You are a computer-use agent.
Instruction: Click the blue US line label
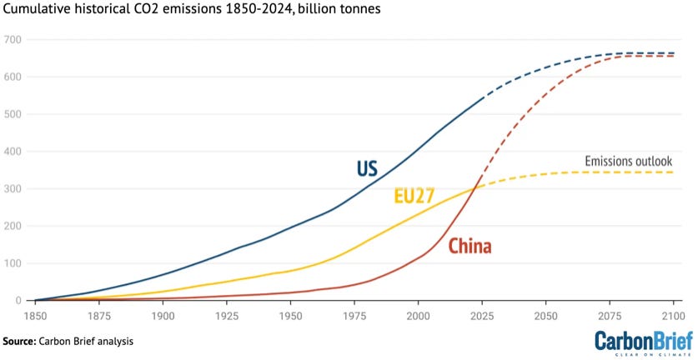tap(367, 168)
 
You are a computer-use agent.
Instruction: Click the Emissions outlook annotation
tap(629, 161)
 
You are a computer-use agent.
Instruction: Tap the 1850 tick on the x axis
tap(35, 317)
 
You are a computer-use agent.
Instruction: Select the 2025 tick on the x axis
tap(482, 317)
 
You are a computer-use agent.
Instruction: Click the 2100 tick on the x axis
tap(673, 317)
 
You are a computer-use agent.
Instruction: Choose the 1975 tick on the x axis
tap(354, 317)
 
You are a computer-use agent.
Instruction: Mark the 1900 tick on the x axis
tap(163, 317)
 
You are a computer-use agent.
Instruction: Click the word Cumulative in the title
tap(41, 10)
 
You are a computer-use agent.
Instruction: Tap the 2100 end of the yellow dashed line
tap(673, 172)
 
